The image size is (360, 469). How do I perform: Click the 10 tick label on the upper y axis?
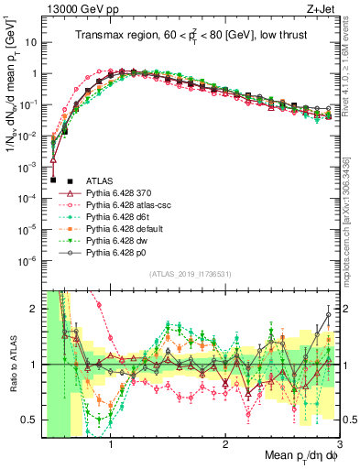click(30, 42)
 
